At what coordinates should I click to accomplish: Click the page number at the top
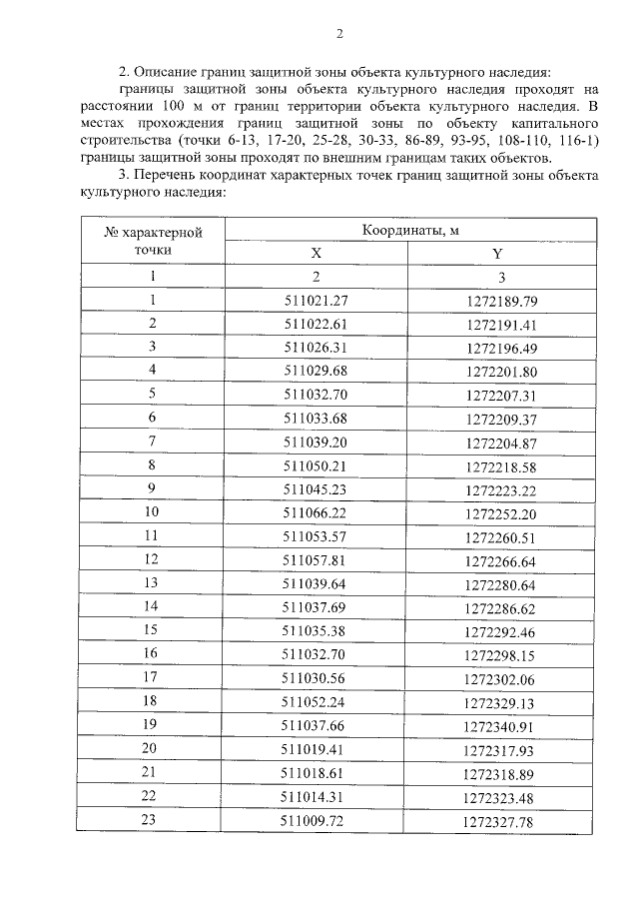[338, 34]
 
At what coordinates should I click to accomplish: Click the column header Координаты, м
[409, 230]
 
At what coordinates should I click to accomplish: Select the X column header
[316, 254]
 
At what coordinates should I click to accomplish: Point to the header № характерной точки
[153, 242]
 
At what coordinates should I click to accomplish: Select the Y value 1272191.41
[501, 325]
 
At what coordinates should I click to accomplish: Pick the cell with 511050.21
[316, 465]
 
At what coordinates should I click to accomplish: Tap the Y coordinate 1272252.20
[501, 513]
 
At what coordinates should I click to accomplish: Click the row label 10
[153, 512]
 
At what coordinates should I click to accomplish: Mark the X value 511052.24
[316, 701]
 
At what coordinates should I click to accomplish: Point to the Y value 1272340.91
[501, 725]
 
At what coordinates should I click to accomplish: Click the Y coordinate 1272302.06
[501, 678]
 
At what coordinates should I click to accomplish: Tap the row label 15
[153, 630]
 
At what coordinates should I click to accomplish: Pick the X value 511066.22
[316, 512]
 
